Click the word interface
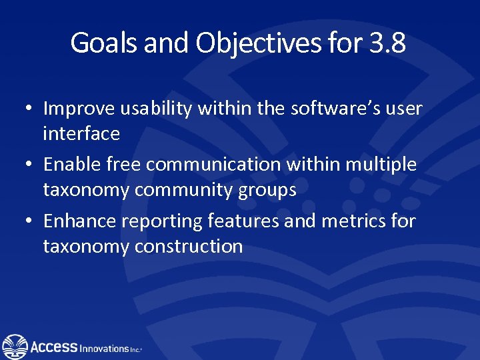click(81, 134)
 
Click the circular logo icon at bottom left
click(15, 346)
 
